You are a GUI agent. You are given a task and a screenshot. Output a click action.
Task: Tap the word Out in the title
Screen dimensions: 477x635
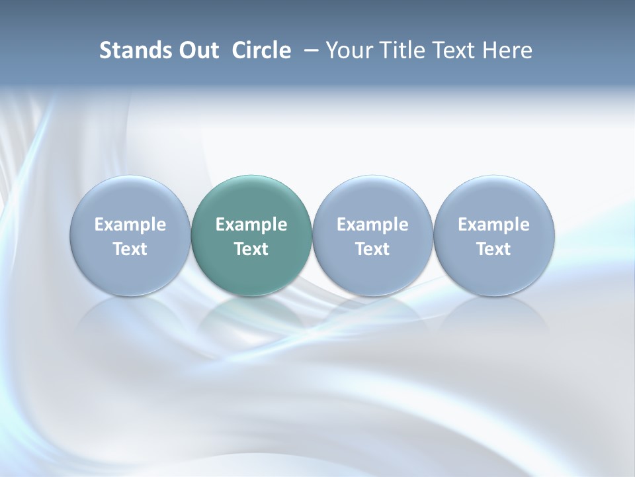[196, 50]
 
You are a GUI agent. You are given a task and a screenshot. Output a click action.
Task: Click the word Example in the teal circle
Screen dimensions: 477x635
[251, 225]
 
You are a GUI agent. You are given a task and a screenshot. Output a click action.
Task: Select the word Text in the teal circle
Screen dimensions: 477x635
[251, 249]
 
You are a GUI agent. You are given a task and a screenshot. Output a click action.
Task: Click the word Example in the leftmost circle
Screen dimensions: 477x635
[130, 225]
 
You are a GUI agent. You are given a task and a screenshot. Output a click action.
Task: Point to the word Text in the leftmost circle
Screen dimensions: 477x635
[130, 249]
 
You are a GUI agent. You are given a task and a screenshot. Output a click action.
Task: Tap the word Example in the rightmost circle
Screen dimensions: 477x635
[493, 225]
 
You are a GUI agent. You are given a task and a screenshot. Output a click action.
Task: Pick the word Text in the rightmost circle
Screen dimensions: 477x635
[493, 249]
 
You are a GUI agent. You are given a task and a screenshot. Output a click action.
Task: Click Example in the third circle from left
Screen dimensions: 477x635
[372, 225]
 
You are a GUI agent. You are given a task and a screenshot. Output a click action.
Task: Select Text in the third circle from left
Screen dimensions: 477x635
[372, 249]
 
